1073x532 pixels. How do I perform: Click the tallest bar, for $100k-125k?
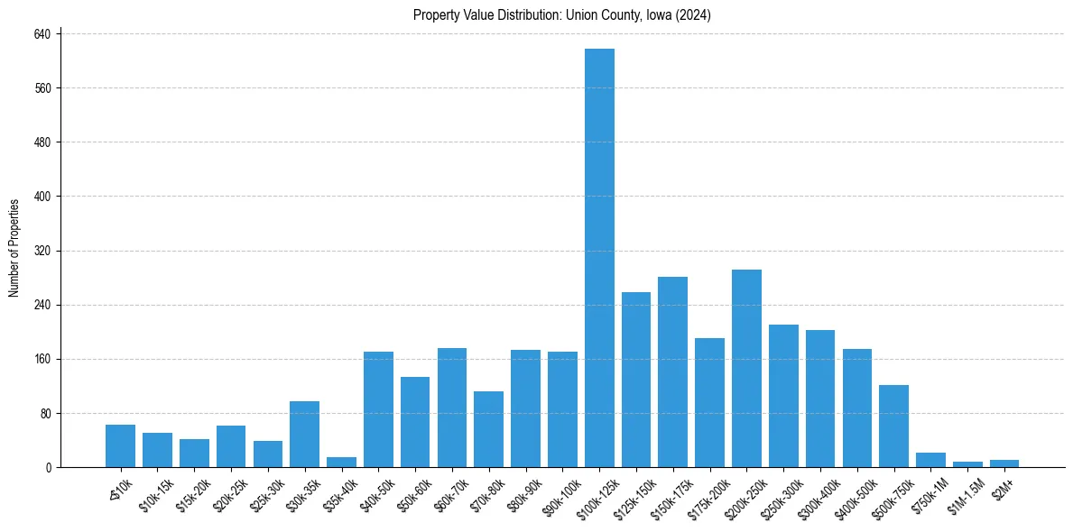click(599, 258)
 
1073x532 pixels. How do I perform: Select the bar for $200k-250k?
click(746, 368)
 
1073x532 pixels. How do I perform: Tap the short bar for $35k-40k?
click(341, 463)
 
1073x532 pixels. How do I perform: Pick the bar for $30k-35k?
click(304, 435)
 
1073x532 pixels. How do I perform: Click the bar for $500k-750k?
click(893, 427)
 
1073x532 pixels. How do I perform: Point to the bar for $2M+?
click(1004, 463)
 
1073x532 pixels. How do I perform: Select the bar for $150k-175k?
click(672, 371)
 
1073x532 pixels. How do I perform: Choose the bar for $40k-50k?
click(378, 409)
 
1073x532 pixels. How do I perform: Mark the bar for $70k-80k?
click(488, 429)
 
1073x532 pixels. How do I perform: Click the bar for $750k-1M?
click(930, 460)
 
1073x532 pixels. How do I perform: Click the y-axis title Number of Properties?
click(14, 248)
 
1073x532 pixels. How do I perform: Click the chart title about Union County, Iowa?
click(562, 14)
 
